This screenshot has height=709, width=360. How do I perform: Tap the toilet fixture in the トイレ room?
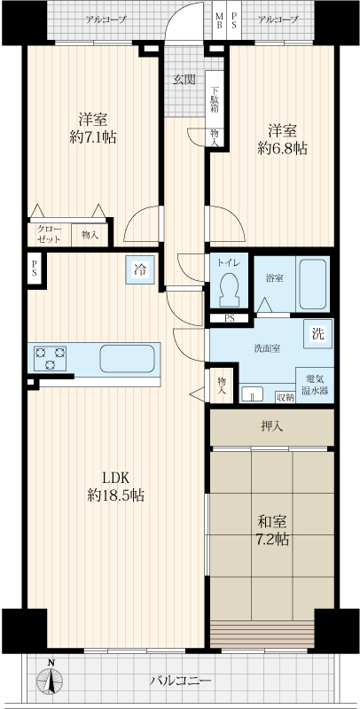229,292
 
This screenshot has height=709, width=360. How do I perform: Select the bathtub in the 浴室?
313,284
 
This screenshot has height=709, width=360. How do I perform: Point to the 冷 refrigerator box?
140,270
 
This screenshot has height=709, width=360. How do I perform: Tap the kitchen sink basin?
127,359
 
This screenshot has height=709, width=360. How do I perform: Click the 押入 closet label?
272,426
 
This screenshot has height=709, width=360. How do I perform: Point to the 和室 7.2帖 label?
273,531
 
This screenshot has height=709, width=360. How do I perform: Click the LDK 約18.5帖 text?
116,487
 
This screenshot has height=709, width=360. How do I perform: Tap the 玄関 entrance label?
184,80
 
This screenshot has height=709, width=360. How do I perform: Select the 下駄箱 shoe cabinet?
215,99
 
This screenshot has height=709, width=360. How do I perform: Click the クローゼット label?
49,233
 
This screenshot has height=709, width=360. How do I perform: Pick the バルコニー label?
181,680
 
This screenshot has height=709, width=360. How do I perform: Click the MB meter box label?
219,20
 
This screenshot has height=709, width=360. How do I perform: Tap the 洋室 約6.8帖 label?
282,139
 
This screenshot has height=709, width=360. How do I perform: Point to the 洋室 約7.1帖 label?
93,128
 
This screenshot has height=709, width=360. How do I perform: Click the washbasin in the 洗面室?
252,393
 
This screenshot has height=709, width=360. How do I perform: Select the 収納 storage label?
285,397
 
